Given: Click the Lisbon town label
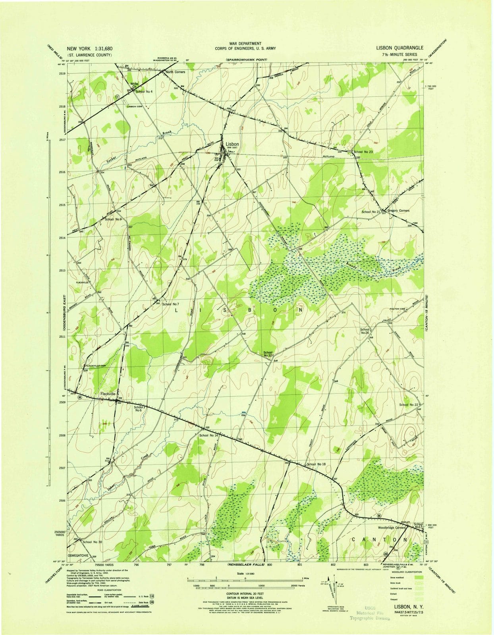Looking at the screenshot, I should (232, 144).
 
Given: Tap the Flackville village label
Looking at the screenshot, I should (108, 394).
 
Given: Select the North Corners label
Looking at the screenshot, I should (175, 72).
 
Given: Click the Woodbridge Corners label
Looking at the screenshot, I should (391, 528).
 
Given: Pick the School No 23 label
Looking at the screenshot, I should (363, 152).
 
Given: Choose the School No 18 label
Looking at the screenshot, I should (316, 464).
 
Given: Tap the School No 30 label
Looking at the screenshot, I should (92, 542).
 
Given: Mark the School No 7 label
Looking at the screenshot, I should (171, 304).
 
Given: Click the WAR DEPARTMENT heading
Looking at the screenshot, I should (245, 43).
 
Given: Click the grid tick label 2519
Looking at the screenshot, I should (62, 73).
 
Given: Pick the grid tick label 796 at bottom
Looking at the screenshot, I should (136, 564).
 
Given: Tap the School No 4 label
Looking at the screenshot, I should (144, 92).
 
